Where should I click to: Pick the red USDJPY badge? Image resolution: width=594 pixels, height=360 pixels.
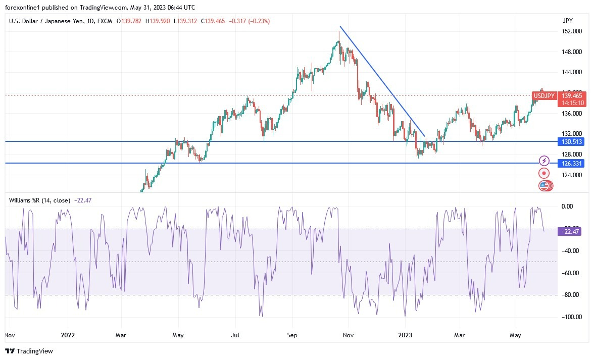[x=544, y=96]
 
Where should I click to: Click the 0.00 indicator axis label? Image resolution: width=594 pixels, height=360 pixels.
[x=568, y=207]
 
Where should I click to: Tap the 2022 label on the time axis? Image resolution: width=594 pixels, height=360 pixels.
[x=68, y=335]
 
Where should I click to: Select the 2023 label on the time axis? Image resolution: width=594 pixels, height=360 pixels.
[x=406, y=335]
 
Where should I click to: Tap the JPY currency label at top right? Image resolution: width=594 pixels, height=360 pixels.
[x=567, y=21]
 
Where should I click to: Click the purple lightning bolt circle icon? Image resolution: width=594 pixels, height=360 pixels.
[x=544, y=161]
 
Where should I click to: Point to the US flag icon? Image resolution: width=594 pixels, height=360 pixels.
[x=544, y=186]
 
